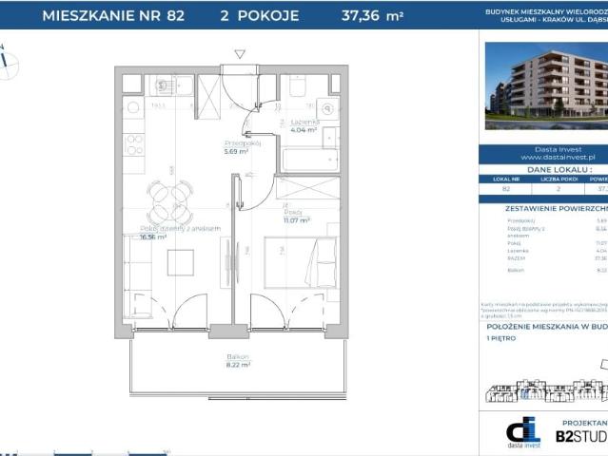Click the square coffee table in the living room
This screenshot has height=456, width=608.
[x=180, y=261]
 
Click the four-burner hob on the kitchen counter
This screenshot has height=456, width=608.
[x=134, y=145]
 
